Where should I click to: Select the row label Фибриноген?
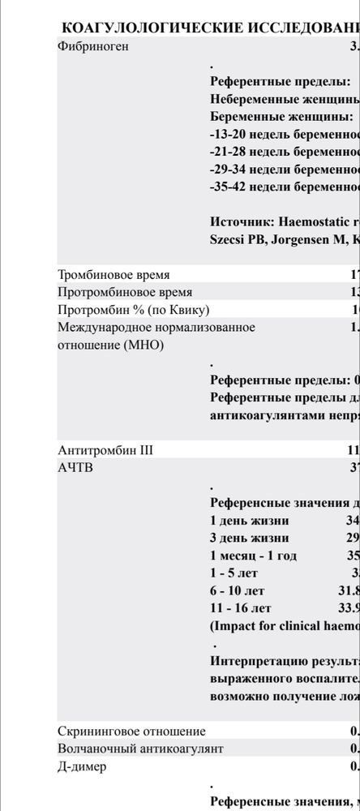[93, 46]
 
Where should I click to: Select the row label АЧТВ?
[75, 467]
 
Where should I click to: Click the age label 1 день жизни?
[249, 521]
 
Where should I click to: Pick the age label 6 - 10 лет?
[237, 590]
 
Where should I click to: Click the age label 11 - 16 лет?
[240, 608]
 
